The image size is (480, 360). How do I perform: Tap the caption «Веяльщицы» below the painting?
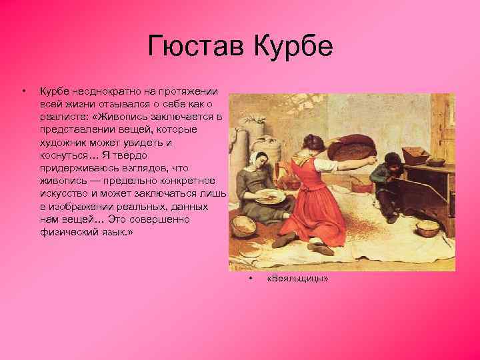(297, 278)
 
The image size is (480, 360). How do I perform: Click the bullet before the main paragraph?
(24, 89)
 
